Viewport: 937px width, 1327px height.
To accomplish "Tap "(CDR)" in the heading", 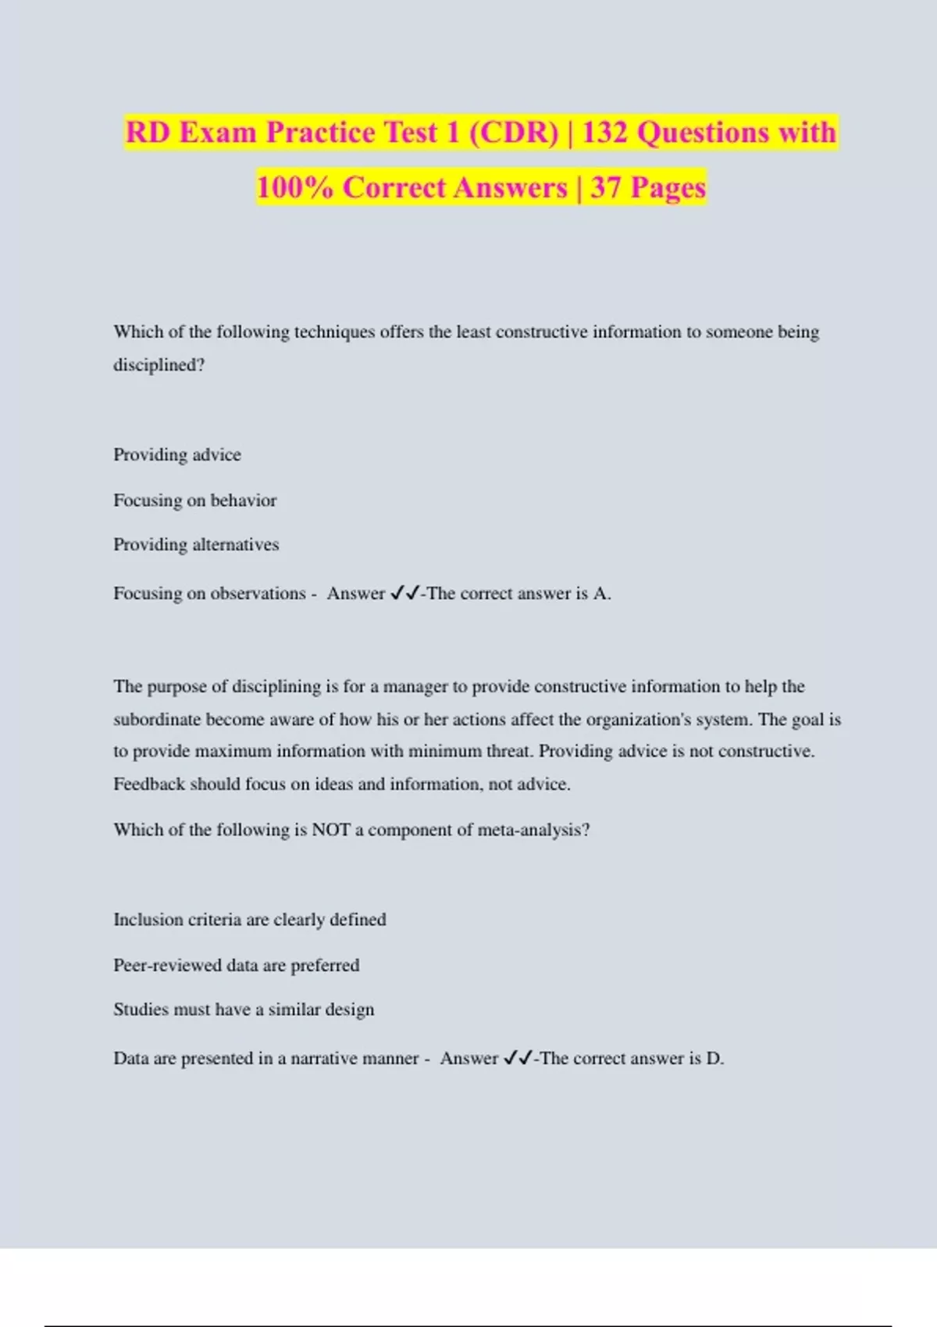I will point(514,133).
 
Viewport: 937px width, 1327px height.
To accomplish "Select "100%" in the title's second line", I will point(294,188).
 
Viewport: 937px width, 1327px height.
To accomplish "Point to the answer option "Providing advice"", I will point(177,454).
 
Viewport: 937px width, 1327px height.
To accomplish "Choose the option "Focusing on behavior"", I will point(195,500).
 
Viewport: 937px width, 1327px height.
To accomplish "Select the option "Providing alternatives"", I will point(196,544).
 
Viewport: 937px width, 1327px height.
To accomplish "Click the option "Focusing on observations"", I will point(209,593).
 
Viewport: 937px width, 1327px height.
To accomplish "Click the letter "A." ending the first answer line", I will point(601,593).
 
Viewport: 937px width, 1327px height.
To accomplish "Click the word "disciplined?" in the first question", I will point(159,365).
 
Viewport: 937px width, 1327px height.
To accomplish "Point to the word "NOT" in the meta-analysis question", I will point(330,830).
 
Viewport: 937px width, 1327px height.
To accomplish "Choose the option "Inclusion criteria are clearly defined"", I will point(250,920).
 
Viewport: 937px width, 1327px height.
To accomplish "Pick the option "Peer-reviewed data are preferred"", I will point(237,965).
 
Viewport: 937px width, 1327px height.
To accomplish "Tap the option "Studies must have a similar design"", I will point(244,1009).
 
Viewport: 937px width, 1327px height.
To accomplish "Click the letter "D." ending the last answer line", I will point(714,1058).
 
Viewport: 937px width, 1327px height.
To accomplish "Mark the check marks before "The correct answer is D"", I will point(518,1058).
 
